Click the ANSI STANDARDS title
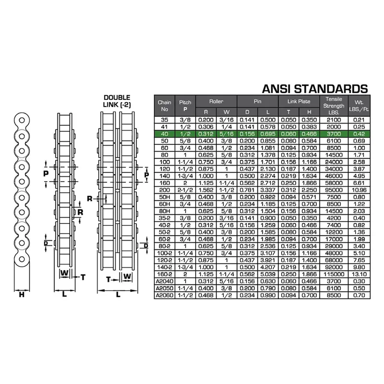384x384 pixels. pyautogui.click(x=315, y=89)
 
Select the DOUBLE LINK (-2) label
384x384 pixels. pyautogui.click(x=117, y=101)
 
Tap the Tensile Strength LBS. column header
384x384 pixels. pyautogui.click(x=334, y=106)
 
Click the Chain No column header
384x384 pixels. pyautogui.click(x=164, y=106)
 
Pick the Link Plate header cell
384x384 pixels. pyautogui.click(x=299, y=101)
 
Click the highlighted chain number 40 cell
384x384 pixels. pyautogui.click(x=164, y=134)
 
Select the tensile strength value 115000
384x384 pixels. pyautogui.click(x=334, y=274)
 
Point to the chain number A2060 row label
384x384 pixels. pyautogui.click(x=164, y=295)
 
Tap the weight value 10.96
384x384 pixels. pyautogui.click(x=359, y=190)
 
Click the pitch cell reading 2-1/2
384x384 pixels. pyautogui.click(x=185, y=190)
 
